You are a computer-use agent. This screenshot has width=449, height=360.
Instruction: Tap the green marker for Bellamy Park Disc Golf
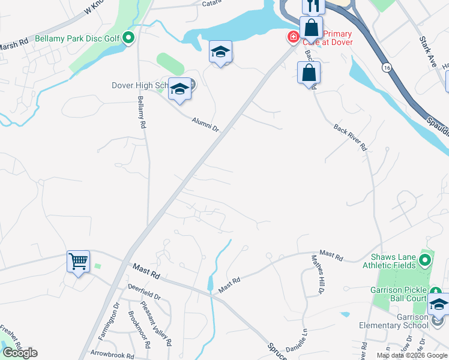pos(128,38)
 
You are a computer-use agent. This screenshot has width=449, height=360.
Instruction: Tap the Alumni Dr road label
pos(206,124)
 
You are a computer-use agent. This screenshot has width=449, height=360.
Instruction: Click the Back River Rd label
pos(350,137)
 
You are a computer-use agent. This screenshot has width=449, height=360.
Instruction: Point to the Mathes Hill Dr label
pos(317,273)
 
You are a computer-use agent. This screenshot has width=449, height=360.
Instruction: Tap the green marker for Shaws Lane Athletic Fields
pos(425,260)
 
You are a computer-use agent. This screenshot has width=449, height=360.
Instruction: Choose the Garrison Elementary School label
pos(395,322)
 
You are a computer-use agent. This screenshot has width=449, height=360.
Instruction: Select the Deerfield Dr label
pos(145,296)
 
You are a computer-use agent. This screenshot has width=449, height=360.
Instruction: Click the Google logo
pos(20,353)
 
